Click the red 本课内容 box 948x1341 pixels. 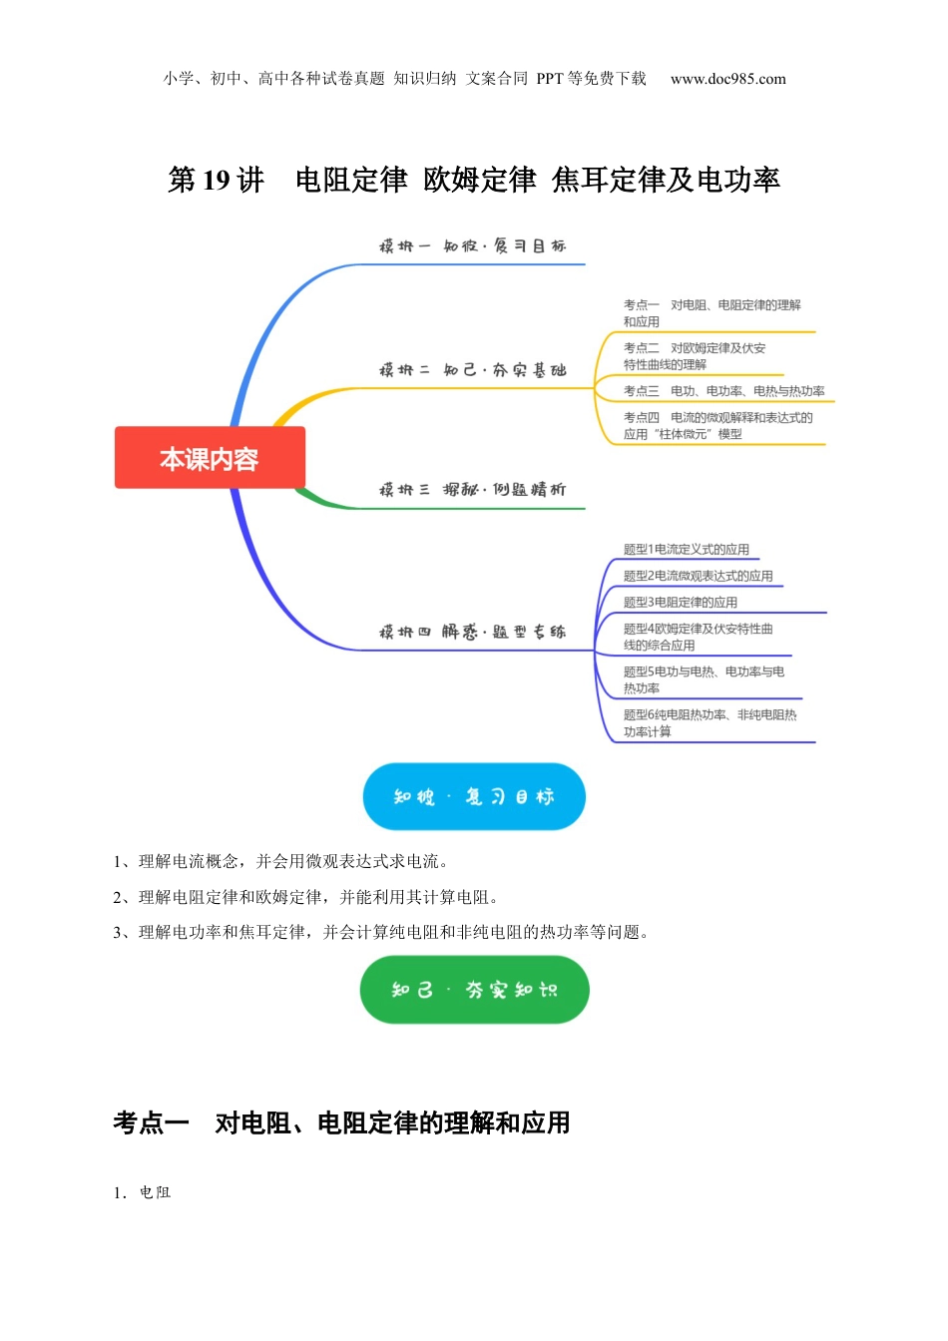point(210,458)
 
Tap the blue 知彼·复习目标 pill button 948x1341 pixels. point(473,796)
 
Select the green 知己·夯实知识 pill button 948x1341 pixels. point(474,990)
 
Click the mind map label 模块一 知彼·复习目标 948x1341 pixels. point(472,246)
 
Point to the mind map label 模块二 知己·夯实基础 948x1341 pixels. point(472,370)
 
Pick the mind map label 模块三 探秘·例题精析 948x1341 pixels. point(472,490)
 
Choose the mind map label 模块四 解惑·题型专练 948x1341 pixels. point(472,632)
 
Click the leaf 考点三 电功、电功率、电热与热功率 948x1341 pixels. point(723,391)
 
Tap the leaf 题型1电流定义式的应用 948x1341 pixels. point(686,550)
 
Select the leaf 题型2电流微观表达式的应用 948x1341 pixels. point(698,576)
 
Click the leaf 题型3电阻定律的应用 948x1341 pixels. point(680,603)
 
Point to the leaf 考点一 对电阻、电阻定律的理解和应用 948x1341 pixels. point(711,313)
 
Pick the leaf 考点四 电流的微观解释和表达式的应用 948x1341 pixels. point(717,426)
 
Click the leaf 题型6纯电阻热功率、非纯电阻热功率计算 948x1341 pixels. point(710,723)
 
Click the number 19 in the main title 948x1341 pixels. point(217,181)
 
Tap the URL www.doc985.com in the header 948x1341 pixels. point(727,79)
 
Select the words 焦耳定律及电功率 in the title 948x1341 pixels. point(666,181)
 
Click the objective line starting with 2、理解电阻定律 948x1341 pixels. point(305,897)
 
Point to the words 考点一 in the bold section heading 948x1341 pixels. point(152,1123)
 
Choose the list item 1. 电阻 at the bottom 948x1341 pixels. point(142,1192)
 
